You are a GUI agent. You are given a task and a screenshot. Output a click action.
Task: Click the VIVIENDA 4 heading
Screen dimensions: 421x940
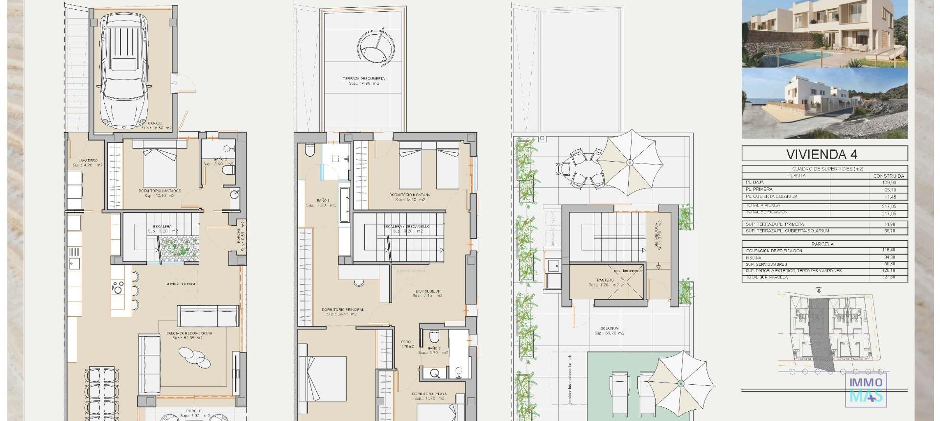[x=822, y=154]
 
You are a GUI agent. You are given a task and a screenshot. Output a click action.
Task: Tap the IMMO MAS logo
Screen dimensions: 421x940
[x=866, y=390]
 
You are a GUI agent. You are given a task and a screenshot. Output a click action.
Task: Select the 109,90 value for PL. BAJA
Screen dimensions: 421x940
[x=889, y=183]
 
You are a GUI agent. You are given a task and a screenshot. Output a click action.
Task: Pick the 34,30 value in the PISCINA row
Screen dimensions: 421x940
[x=889, y=257]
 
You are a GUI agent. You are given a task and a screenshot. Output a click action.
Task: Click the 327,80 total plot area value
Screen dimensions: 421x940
[x=889, y=278]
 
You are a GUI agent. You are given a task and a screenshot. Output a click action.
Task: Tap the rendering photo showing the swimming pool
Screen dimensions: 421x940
[x=824, y=33]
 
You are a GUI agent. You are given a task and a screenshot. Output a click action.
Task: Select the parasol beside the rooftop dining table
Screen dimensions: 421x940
[x=630, y=162]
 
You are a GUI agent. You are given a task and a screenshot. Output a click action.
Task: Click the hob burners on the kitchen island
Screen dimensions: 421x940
[x=118, y=287]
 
